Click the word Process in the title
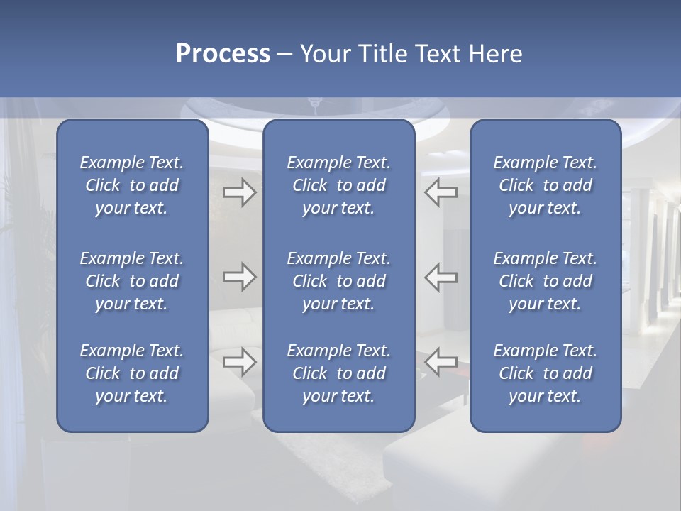pos(223,54)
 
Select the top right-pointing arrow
pos(239,192)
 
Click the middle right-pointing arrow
pos(239,277)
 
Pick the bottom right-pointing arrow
pos(239,361)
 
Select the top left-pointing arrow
pos(441,192)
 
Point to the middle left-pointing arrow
pos(441,277)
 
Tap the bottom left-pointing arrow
pos(441,361)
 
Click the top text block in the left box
pos(132,185)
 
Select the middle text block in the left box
pos(132,281)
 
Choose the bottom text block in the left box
pos(132,373)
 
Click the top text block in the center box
pos(338,185)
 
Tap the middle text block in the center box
pos(338,281)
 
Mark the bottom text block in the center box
pos(338,373)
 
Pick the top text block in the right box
pos(545,185)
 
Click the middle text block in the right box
pos(545,281)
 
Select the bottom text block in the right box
pos(545,373)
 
